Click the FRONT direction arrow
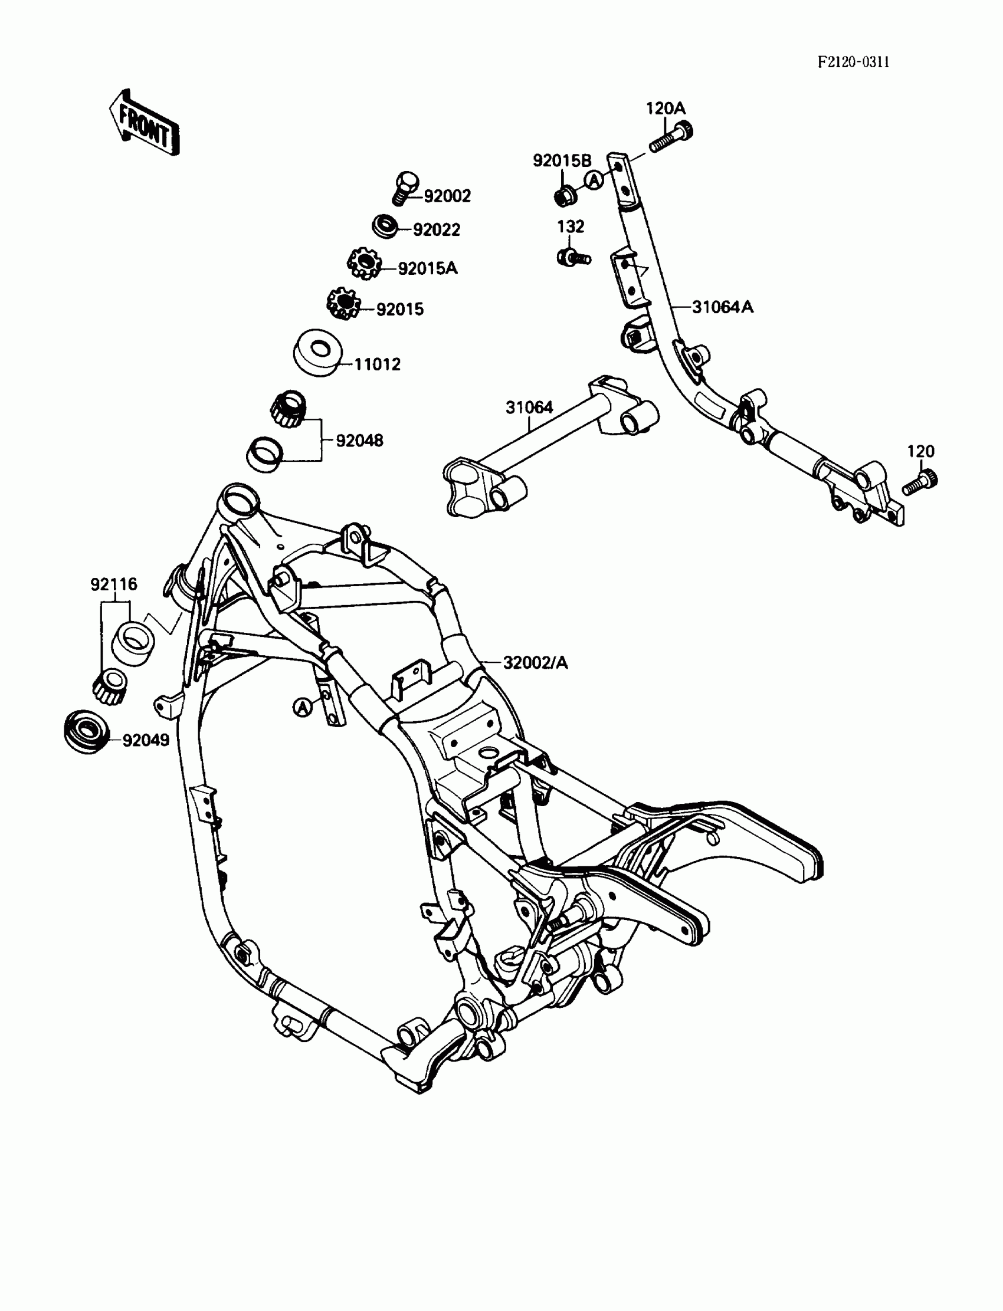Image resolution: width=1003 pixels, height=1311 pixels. click(x=144, y=123)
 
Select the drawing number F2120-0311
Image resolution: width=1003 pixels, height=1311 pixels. click(x=853, y=62)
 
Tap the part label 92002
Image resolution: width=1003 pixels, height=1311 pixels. click(x=447, y=196)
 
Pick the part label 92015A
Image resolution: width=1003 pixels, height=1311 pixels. click(x=428, y=268)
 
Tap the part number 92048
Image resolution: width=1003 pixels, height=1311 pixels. click(x=359, y=441)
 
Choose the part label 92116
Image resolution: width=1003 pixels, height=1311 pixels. click(x=113, y=584)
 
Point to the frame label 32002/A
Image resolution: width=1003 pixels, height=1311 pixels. click(x=536, y=662)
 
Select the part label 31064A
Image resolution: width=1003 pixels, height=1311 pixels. click(x=722, y=307)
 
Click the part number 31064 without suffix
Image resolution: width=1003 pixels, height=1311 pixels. click(x=529, y=408)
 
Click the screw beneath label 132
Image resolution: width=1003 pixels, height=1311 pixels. click(x=573, y=257)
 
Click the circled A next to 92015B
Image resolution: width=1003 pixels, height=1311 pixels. click(x=594, y=180)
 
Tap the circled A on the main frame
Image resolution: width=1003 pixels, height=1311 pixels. click(x=303, y=708)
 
